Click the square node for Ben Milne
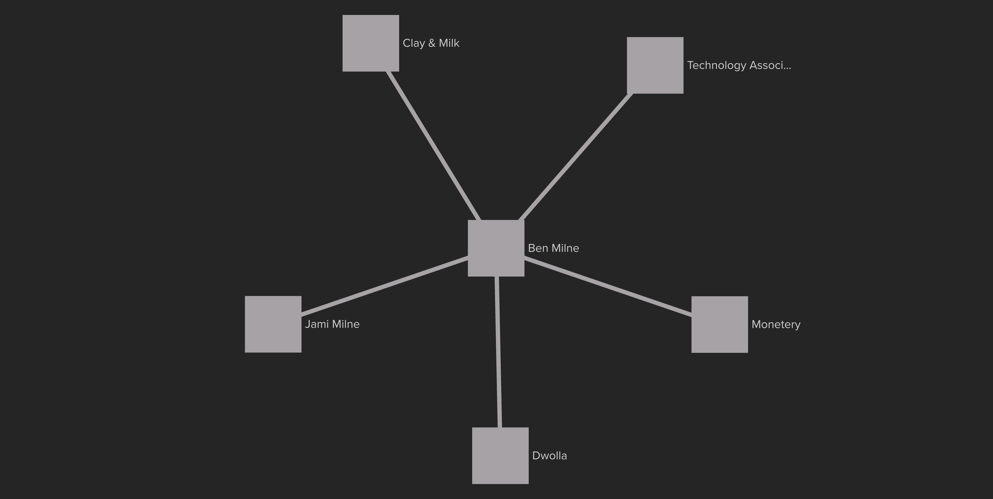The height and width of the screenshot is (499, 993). point(496,248)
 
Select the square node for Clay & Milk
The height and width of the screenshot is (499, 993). point(371,43)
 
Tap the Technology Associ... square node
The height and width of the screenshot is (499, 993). point(655,66)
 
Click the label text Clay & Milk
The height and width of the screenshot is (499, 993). point(431,43)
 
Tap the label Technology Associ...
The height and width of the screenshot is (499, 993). point(739,66)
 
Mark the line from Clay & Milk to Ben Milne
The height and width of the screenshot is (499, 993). point(434,146)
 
